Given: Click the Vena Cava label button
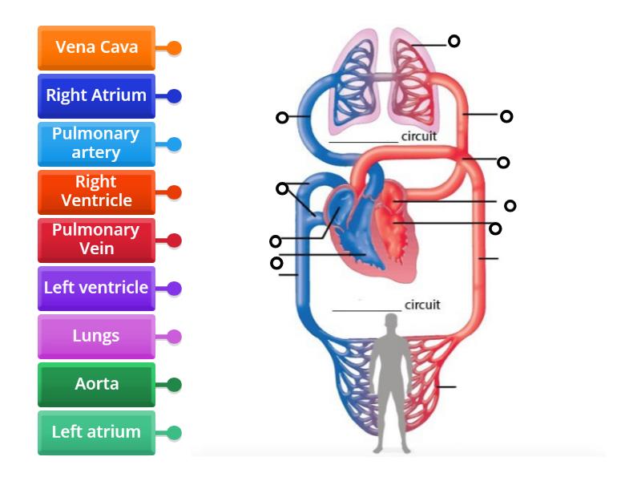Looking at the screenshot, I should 96,47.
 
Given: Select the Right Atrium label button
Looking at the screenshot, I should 96,95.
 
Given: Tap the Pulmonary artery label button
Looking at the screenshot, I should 96,143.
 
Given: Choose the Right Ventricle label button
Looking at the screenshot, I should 96,192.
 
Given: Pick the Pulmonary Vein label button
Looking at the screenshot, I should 96,240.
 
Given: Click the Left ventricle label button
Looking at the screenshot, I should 96,288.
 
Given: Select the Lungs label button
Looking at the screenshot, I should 96,336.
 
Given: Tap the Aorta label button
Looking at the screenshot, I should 96,384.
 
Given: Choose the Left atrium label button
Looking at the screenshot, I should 96,432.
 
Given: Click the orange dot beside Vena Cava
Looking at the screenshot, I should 174,48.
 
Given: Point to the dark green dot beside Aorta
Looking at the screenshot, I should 174,385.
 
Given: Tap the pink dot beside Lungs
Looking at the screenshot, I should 174,337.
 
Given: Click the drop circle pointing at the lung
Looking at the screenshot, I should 454,41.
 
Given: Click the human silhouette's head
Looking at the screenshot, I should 390,323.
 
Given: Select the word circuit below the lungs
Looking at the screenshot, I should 419,136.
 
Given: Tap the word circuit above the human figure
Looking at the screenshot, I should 422,305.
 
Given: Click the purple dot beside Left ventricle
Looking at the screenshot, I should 174,289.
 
